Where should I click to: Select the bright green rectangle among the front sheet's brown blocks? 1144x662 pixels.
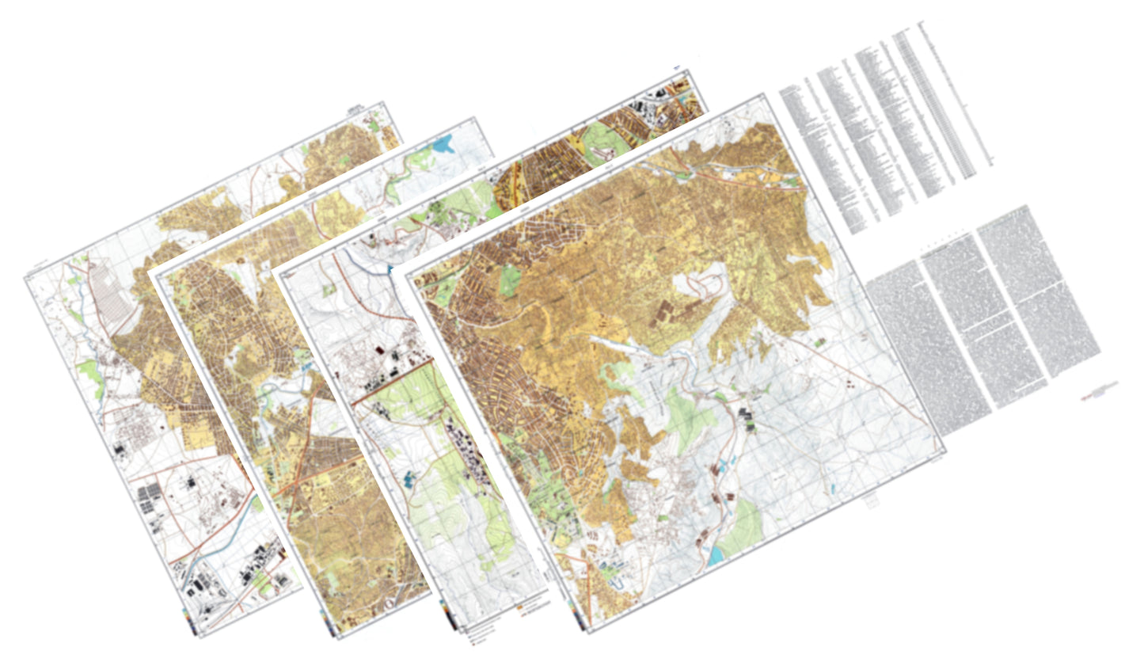(x=510, y=280)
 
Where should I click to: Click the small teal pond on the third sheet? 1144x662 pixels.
(x=409, y=477)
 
